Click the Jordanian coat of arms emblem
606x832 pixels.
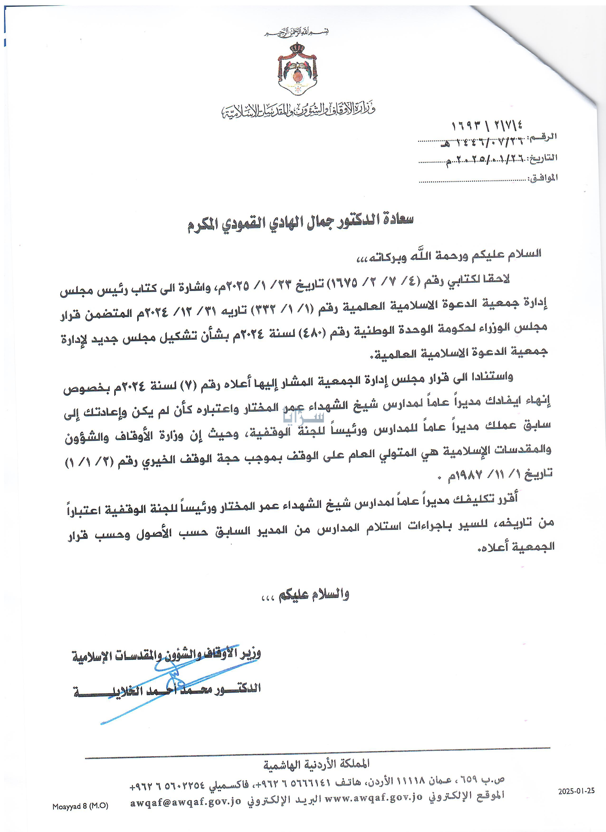(297, 69)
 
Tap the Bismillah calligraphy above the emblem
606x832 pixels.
(297, 32)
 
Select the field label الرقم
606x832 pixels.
(543, 137)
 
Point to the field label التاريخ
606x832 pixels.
(543, 158)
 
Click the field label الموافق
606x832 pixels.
(543, 178)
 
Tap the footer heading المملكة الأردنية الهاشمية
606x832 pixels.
(316, 764)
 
